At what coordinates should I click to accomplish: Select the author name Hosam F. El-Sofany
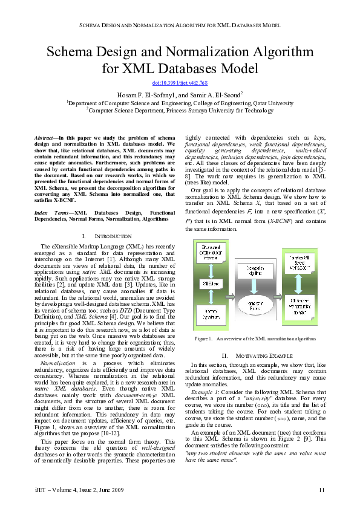pos(143,95)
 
